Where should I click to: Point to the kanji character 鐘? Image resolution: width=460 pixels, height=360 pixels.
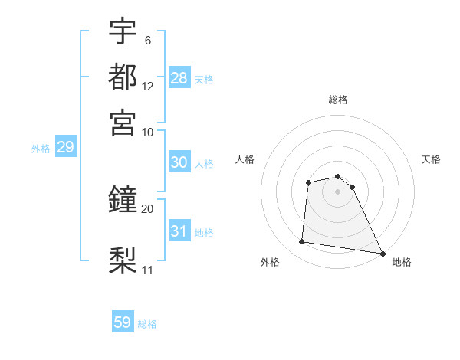coord(123,200)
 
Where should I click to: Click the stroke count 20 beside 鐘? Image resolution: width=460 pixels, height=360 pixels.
coord(148,208)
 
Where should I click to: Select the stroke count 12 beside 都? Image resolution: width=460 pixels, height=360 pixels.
coord(148,87)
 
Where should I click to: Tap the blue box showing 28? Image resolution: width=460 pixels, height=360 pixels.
coord(179,78)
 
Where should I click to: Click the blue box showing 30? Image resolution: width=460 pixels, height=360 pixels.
coord(179,162)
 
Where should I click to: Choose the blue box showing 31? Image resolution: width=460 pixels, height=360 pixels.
coord(179,231)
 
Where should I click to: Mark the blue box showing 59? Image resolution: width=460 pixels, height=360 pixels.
coord(123,322)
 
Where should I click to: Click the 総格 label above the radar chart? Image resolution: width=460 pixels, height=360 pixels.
coord(338,100)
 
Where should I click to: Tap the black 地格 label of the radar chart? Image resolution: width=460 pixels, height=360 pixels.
coord(402,262)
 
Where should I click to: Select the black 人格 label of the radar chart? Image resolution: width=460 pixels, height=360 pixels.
coord(245,159)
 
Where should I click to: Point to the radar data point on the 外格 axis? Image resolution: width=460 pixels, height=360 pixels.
coord(302,242)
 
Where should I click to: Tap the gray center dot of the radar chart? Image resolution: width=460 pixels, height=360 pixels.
coord(338,191)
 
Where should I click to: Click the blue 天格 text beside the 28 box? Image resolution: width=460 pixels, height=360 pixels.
coord(204,79)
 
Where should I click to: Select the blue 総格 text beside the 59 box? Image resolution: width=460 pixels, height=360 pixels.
coord(148,324)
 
